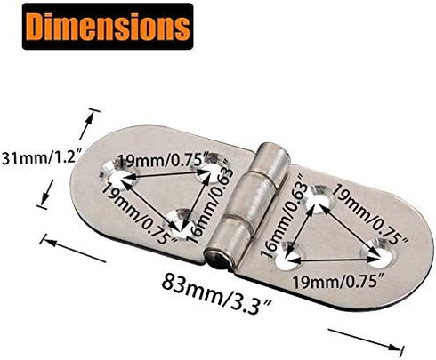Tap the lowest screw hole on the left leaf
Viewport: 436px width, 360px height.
tap(184, 218)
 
